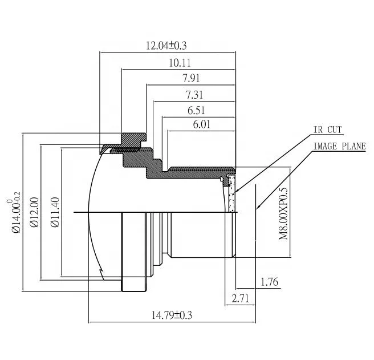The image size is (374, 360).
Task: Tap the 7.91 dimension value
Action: (x=190, y=78)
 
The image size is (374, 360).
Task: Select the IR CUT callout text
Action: (x=328, y=130)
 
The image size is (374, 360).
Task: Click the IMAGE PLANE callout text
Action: (x=339, y=146)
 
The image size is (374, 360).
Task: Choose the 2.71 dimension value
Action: (x=239, y=297)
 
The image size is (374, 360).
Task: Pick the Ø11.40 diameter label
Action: (x=55, y=212)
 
